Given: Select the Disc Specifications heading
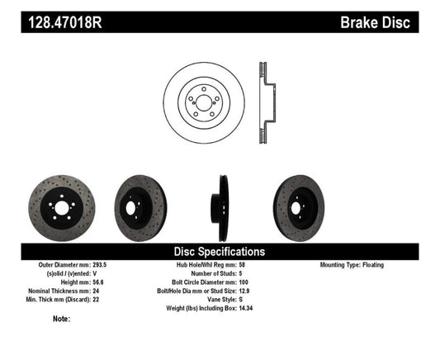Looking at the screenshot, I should click(x=220, y=251).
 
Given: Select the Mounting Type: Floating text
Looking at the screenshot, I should click(x=352, y=266).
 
